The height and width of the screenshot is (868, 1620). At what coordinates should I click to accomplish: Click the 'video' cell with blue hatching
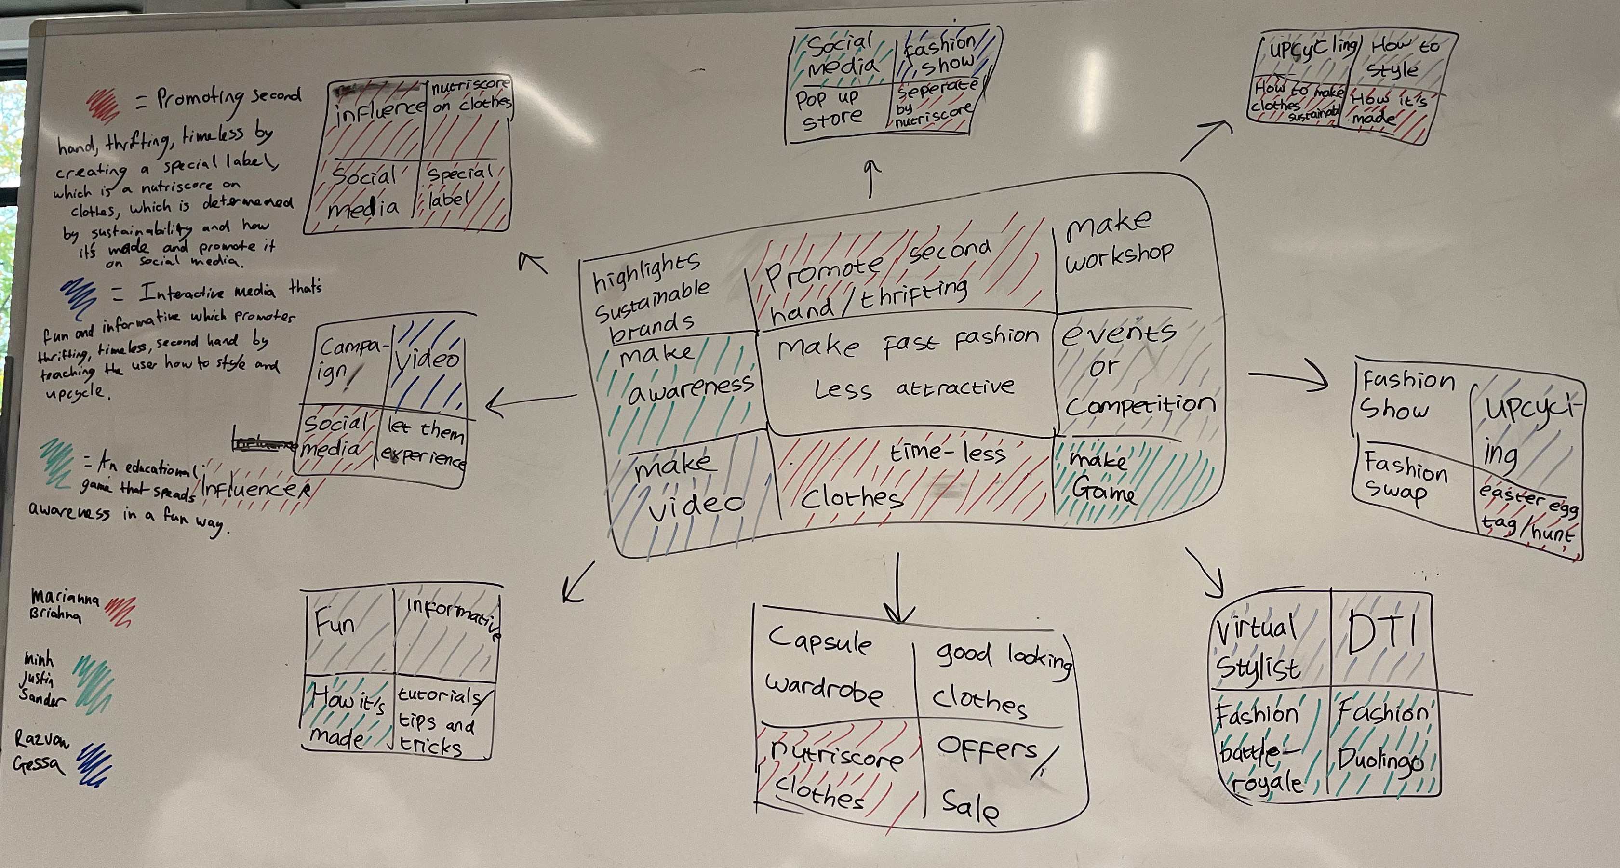pos(428,365)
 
